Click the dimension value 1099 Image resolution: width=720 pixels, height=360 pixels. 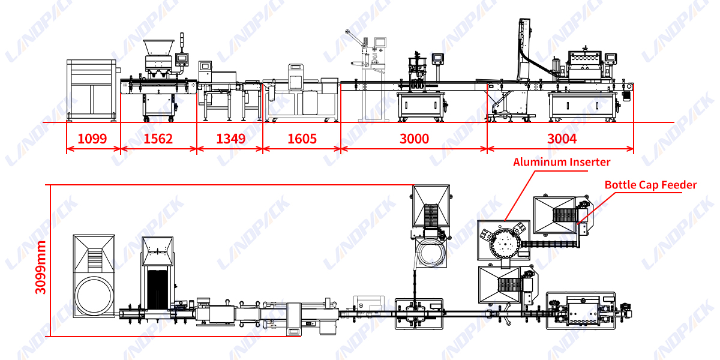tap(92, 139)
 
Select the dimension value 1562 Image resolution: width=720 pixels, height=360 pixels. tap(158, 139)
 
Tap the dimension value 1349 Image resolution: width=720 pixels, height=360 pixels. tap(230, 139)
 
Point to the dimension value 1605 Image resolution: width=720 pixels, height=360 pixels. tap(302, 139)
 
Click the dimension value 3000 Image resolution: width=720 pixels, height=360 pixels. tap(414, 139)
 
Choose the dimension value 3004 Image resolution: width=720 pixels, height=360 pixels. tap(562, 139)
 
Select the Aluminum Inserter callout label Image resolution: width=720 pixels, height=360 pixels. tap(561, 162)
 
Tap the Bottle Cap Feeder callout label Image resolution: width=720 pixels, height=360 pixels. tap(650, 185)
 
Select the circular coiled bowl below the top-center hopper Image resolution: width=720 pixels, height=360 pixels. tap(431, 254)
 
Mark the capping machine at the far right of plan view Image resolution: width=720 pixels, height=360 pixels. tap(581, 310)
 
